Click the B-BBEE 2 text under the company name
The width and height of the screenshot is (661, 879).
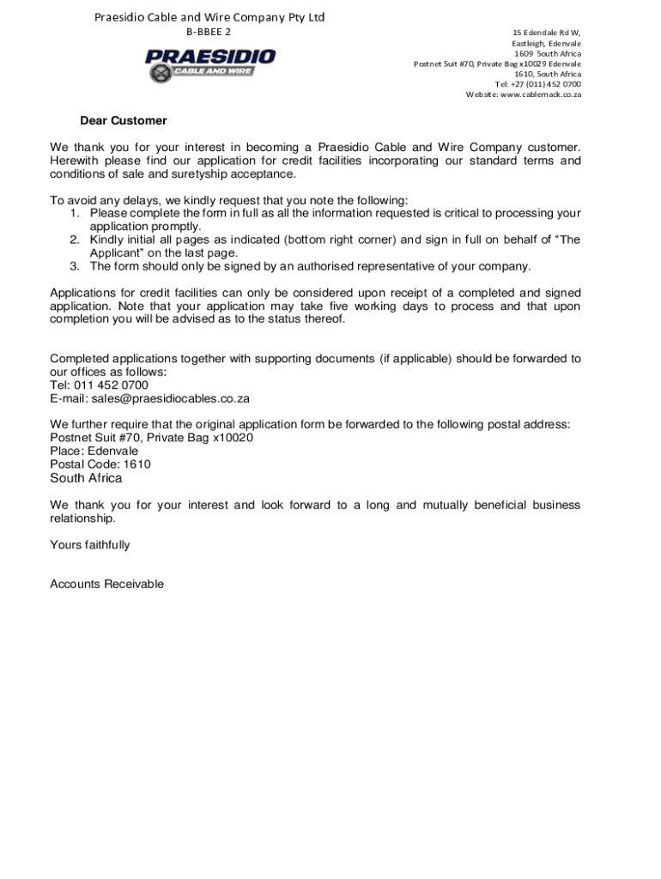coord(209,32)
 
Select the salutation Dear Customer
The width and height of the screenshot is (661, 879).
coord(124,121)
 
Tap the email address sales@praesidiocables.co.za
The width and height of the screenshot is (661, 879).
coord(149,399)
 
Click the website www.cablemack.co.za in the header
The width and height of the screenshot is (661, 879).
coord(540,94)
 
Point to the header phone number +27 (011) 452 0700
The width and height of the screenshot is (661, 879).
coord(546,84)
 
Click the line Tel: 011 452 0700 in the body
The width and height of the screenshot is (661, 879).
coord(99,385)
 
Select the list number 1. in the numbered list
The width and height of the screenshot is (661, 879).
coord(76,213)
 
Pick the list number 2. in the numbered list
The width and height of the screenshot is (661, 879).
coord(76,239)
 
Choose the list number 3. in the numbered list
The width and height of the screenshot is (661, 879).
coord(76,266)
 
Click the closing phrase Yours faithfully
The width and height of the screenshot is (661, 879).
coord(90,545)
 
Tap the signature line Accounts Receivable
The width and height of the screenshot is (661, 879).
coord(106,585)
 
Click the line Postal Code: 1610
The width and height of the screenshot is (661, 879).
coord(100,464)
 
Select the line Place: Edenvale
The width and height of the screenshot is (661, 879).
coord(94,451)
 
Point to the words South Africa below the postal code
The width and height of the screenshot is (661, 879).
coord(86,478)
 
